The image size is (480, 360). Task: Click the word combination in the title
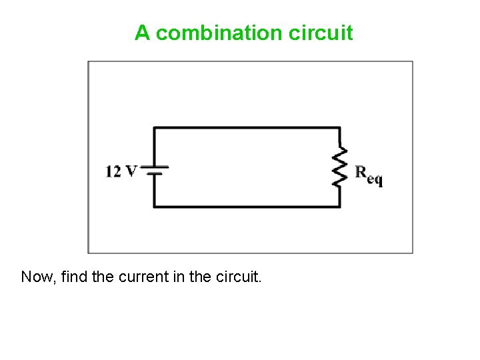point(220,33)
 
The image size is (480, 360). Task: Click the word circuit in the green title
point(321,33)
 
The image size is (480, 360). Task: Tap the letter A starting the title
point(142,33)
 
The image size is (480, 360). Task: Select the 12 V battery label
point(121,171)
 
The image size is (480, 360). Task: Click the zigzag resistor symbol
point(341,167)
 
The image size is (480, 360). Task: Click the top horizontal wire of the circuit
point(247,127)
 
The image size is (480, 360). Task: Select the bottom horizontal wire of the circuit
point(247,207)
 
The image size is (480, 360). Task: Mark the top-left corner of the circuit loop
point(155,128)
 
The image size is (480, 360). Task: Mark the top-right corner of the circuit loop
point(340,128)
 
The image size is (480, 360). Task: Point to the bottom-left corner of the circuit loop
point(155,207)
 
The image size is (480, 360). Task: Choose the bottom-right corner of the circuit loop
point(340,207)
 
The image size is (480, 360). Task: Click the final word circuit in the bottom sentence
point(239,276)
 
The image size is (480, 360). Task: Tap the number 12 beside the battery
point(113,171)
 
